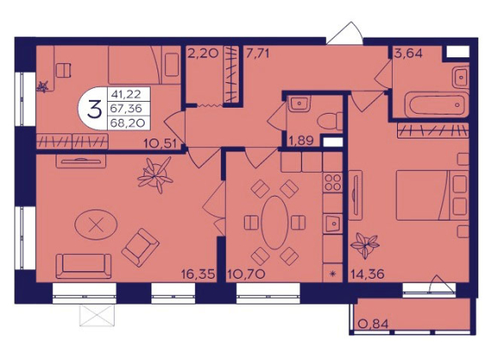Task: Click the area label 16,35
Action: coord(199,274)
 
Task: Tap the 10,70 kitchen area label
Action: coord(246,274)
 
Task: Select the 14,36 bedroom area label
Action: coord(367,274)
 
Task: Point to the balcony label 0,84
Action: coord(373,324)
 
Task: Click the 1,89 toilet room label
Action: coord(301,140)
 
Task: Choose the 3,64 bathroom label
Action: coord(408,53)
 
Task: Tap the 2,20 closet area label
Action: coord(203,53)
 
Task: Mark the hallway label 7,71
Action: coord(258,53)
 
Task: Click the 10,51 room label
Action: coord(160,144)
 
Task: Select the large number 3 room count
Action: coord(95,109)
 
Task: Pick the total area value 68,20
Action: coord(129,123)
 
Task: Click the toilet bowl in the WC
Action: coord(330,121)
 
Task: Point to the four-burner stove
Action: coord(333,182)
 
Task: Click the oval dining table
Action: coord(275,222)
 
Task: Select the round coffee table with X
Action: coord(96,225)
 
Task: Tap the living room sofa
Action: coord(84,266)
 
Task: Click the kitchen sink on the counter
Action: coord(333,223)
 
